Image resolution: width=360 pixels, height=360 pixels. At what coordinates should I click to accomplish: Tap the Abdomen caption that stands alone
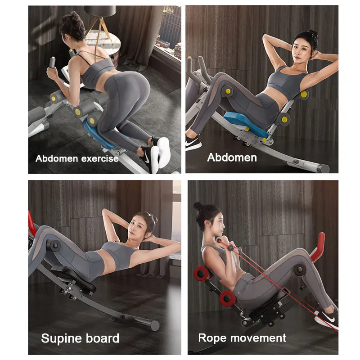(232, 158)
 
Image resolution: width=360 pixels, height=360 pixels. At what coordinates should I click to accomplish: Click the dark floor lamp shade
(100, 11)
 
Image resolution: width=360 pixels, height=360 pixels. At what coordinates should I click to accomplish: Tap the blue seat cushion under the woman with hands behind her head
(245, 123)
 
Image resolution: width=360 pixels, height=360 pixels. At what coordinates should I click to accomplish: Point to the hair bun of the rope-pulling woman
(198, 206)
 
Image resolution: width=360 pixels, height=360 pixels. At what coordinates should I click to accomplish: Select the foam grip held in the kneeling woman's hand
(52, 63)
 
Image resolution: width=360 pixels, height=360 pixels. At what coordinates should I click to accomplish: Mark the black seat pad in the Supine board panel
(73, 279)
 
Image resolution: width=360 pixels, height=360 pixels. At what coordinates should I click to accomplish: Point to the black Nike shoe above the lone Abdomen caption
(193, 143)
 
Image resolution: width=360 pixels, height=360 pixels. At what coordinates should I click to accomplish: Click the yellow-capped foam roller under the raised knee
(227, 91)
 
